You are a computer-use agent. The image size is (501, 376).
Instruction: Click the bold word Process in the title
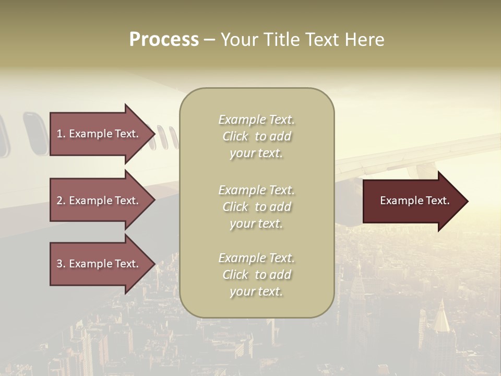164,40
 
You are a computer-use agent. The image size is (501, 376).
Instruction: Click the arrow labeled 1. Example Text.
99,134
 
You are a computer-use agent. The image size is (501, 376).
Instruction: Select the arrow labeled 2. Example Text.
99,201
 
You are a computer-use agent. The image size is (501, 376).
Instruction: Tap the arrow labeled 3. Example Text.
99,264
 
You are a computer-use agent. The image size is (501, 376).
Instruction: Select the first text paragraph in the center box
256,136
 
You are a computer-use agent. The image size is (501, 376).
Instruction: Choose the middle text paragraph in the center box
256,207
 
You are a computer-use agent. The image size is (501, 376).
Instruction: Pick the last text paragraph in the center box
256,275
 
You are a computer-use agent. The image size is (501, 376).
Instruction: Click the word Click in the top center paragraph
235,136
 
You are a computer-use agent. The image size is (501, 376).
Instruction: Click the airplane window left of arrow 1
34,134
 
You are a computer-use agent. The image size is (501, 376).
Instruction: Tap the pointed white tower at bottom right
442,316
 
